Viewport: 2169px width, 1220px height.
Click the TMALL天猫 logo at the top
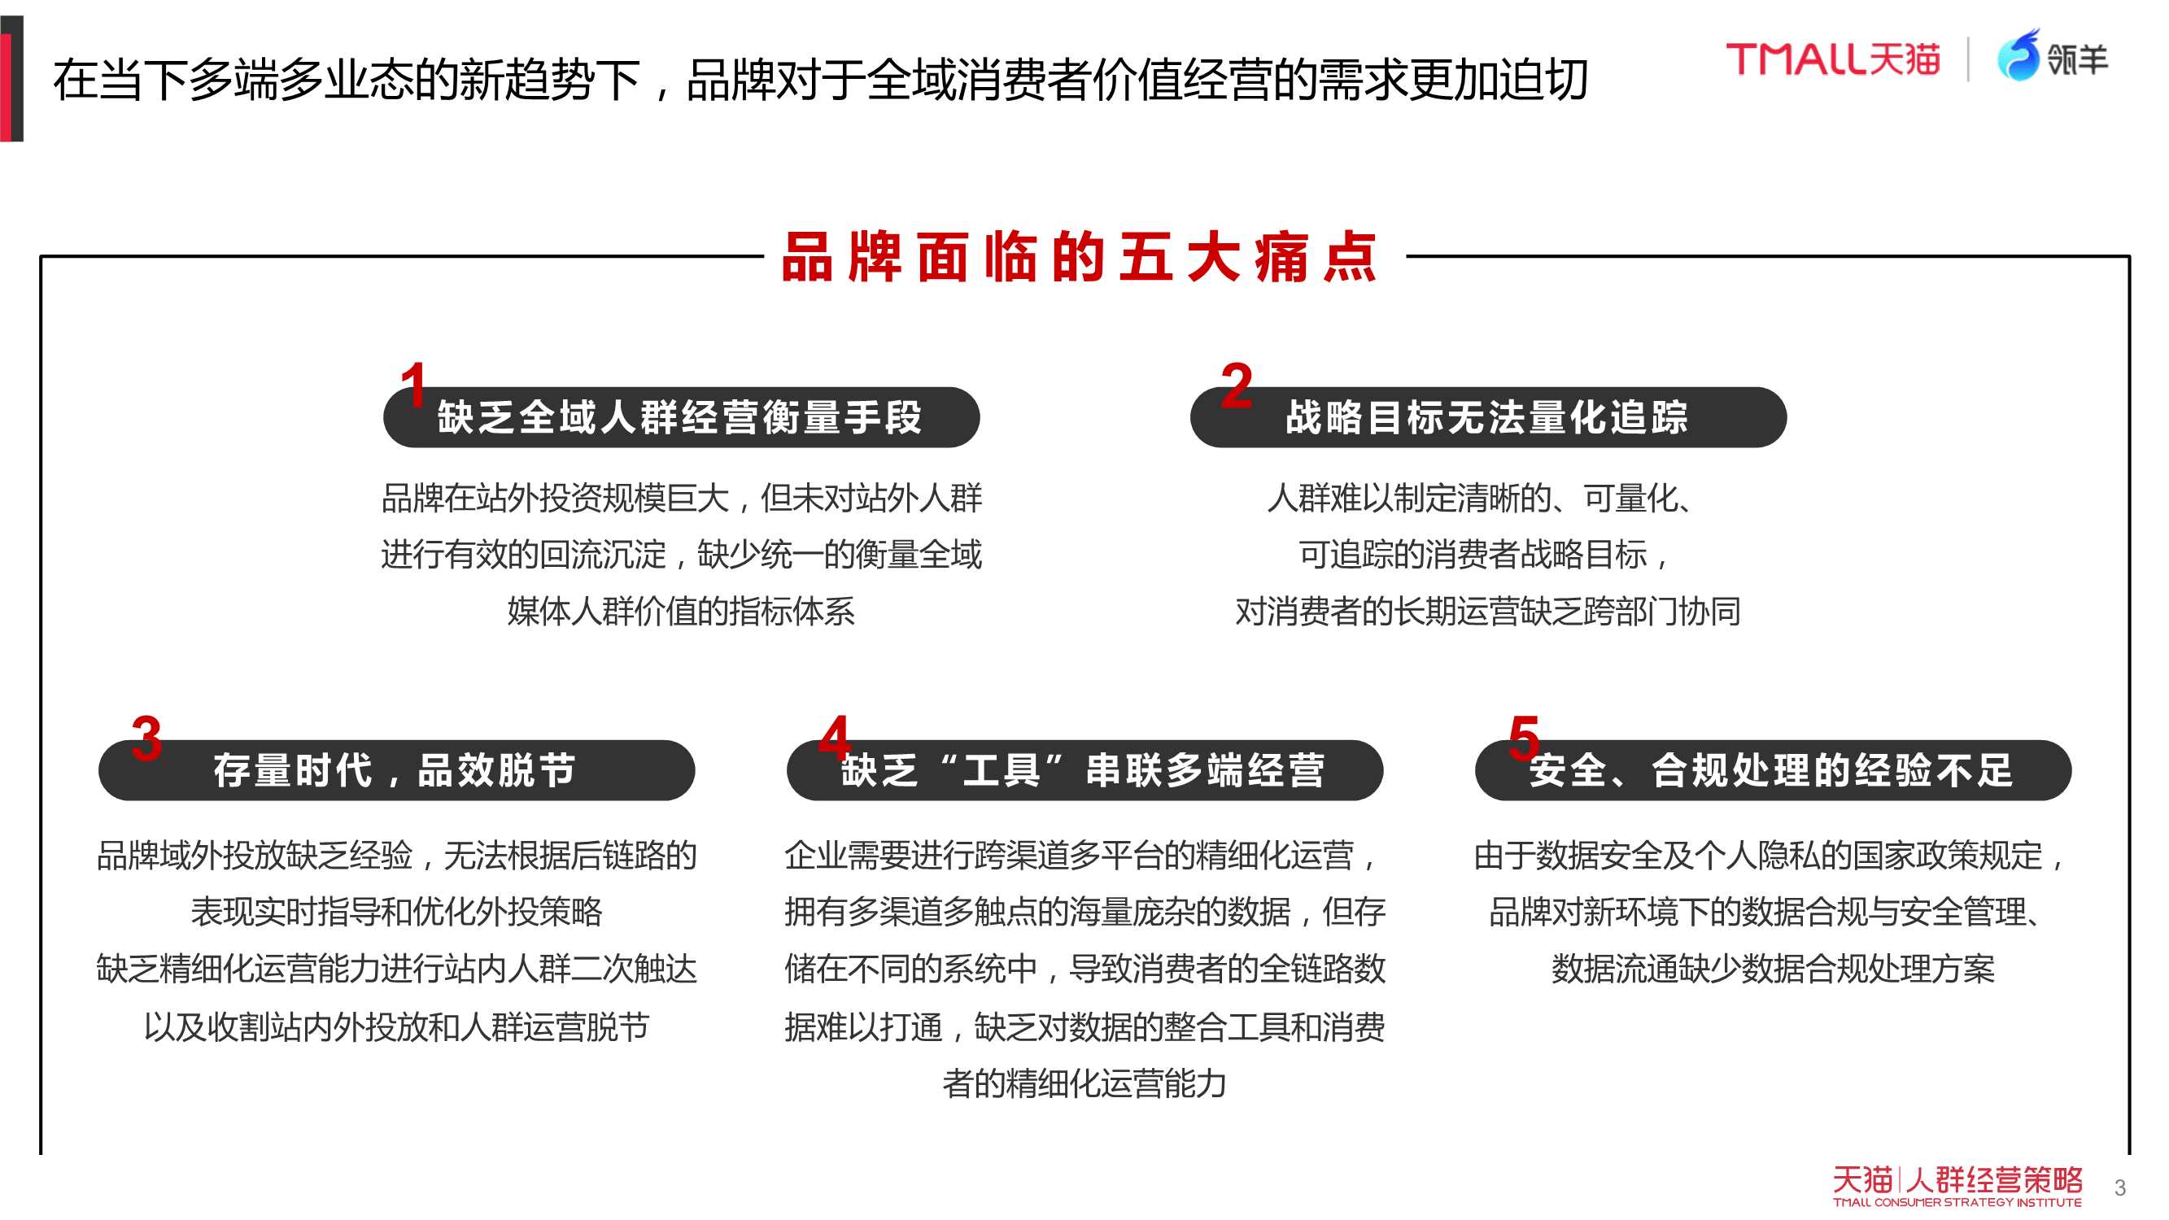tap(1833, 59)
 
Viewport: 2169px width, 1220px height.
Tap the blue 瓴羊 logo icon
tap(2018, 55)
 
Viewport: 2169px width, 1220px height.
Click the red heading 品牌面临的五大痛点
tap(1080, 257)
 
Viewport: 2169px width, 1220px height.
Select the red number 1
tap(412, 384)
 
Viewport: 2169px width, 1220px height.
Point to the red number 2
tap(1236, 385)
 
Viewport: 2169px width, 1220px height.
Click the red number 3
tap(146, 738)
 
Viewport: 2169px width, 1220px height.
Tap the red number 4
tap(835, 737)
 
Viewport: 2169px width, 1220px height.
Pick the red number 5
tap(1524, 738)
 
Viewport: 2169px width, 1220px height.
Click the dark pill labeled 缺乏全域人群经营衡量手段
tap(681, 417)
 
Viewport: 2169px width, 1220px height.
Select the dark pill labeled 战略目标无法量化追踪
tap(1488, 417)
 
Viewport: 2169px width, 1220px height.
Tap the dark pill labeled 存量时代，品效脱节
tap(396, 770)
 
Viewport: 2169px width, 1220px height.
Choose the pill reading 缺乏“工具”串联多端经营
tap(1084, 770)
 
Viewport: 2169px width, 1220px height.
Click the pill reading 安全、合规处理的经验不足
tap(1774, 770)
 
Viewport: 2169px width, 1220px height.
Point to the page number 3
tap(2119, 1188)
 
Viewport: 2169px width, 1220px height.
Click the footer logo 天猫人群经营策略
tap(1957, 1186)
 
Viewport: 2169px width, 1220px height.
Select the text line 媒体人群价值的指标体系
tap(680, 612)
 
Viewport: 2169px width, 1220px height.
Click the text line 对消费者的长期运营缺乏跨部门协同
tap(1488, 612)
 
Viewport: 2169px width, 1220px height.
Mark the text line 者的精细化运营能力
tap(1084, 1083)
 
